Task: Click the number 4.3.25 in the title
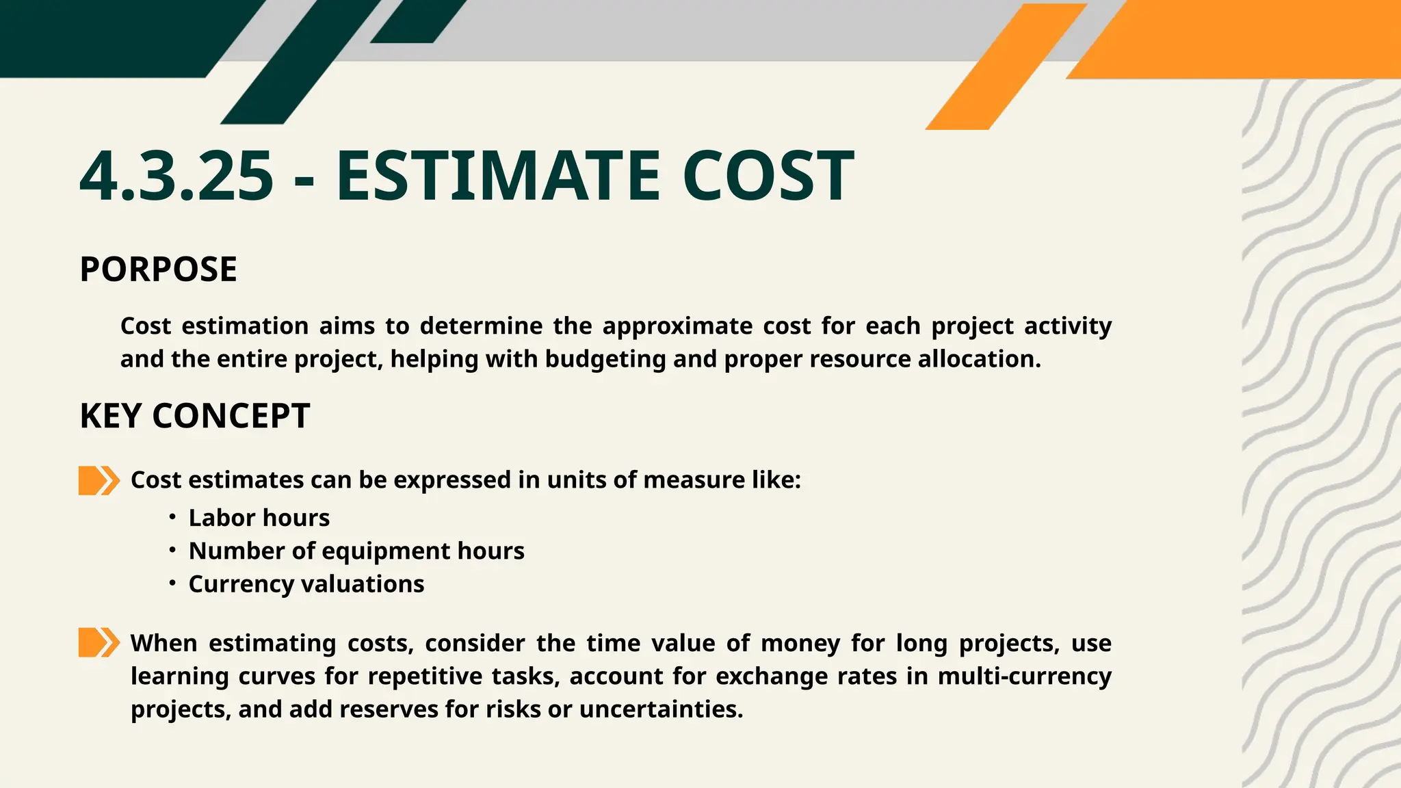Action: (x=176, y=176)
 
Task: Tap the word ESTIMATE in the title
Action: (x=498, y=176)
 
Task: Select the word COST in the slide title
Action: (x=768, y=176)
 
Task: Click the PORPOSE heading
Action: (x=158, y=269)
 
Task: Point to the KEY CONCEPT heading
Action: (x=195, y=416)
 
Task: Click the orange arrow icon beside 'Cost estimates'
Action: (x=99, y=480)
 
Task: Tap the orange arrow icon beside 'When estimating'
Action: (x=99, y=643)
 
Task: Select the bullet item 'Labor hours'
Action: (x=259, y=518)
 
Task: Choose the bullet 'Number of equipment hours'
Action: (x=356, y=551)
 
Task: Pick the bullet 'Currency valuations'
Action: (x=306, y=584)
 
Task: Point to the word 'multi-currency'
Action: (x=1024, y=677)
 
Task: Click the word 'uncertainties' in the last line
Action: (x=660, y=709)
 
